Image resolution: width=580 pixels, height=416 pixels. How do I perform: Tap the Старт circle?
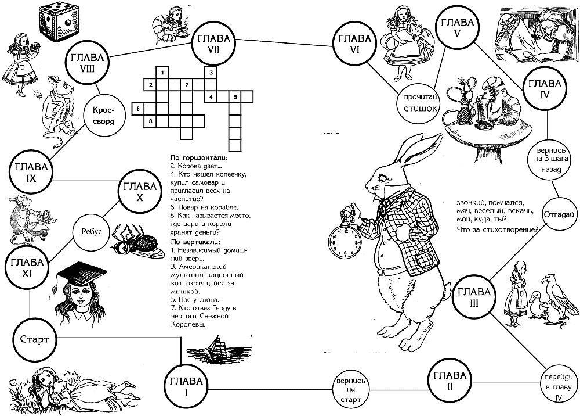coord(34,339)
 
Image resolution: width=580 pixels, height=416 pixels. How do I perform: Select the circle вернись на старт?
coord(350,390)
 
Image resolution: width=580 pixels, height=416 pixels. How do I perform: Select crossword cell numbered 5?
coord(235,97)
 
